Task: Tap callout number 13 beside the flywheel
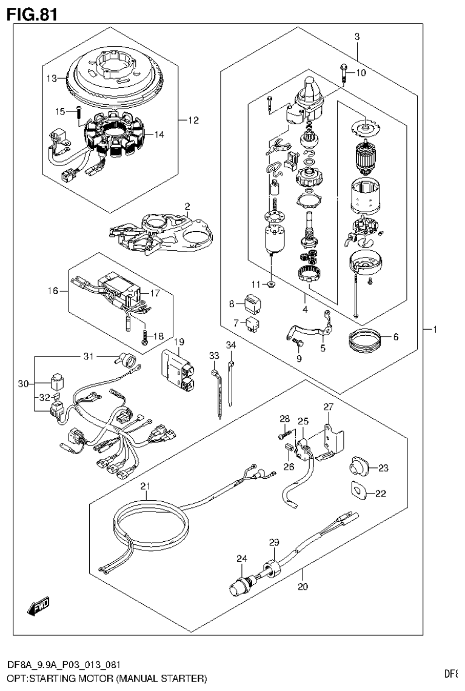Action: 53,78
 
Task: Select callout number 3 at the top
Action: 357,37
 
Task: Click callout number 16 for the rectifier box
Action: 53,291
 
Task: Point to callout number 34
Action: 230,346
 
